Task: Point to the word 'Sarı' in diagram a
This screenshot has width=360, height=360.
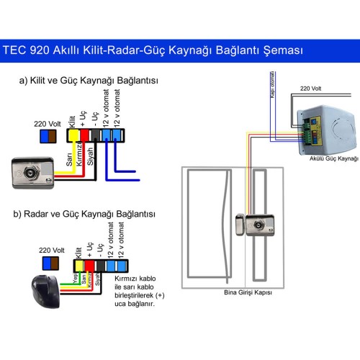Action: point(69,164)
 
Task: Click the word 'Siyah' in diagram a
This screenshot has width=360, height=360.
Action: point(91,158)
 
